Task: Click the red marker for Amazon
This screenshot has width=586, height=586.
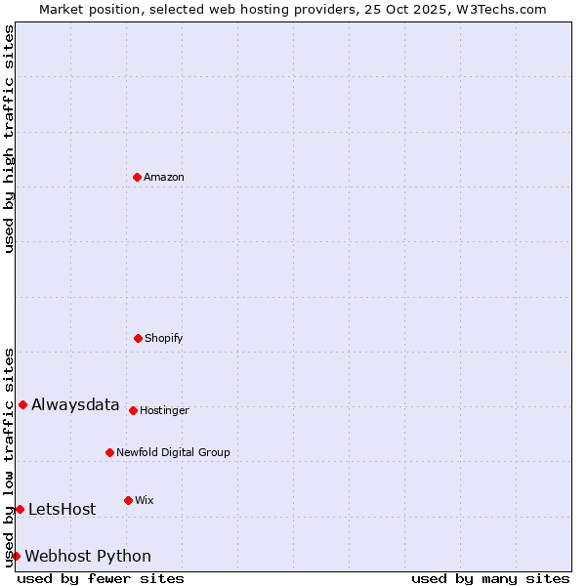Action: [x=137, y=177]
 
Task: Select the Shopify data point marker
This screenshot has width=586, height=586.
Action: [x=138, y=338]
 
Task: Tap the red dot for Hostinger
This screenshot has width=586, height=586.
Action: [x=133, y=410]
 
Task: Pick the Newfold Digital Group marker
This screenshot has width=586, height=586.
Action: [x=109, y=452]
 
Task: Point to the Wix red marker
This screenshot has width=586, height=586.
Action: [x=128, y=500]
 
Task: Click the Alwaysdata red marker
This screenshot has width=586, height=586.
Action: [x=22, y=404]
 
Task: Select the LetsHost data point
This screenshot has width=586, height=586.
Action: [x=20, y=509]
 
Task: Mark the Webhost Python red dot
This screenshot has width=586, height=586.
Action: [x=16, y=556]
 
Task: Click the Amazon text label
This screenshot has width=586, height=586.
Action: [x=164, y=177]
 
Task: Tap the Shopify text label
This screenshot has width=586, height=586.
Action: [x=164, y=338]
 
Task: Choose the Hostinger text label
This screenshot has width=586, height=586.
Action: [x=164, y=410]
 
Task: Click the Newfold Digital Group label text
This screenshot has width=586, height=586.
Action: [x=173, y=452]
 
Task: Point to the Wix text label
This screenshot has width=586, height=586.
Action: [x=145, y=500]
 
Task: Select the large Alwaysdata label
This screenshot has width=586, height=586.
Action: [x=75, y=404]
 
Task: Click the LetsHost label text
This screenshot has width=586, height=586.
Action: [x=63, y=509]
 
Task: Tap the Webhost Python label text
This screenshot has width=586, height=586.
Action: [x=88, y=556]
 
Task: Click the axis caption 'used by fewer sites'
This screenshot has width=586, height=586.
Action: [x=101, y=578]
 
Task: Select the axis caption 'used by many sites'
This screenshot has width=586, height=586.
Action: [x=490, y=578]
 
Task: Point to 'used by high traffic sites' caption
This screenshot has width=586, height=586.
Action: [x=9, y=139]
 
